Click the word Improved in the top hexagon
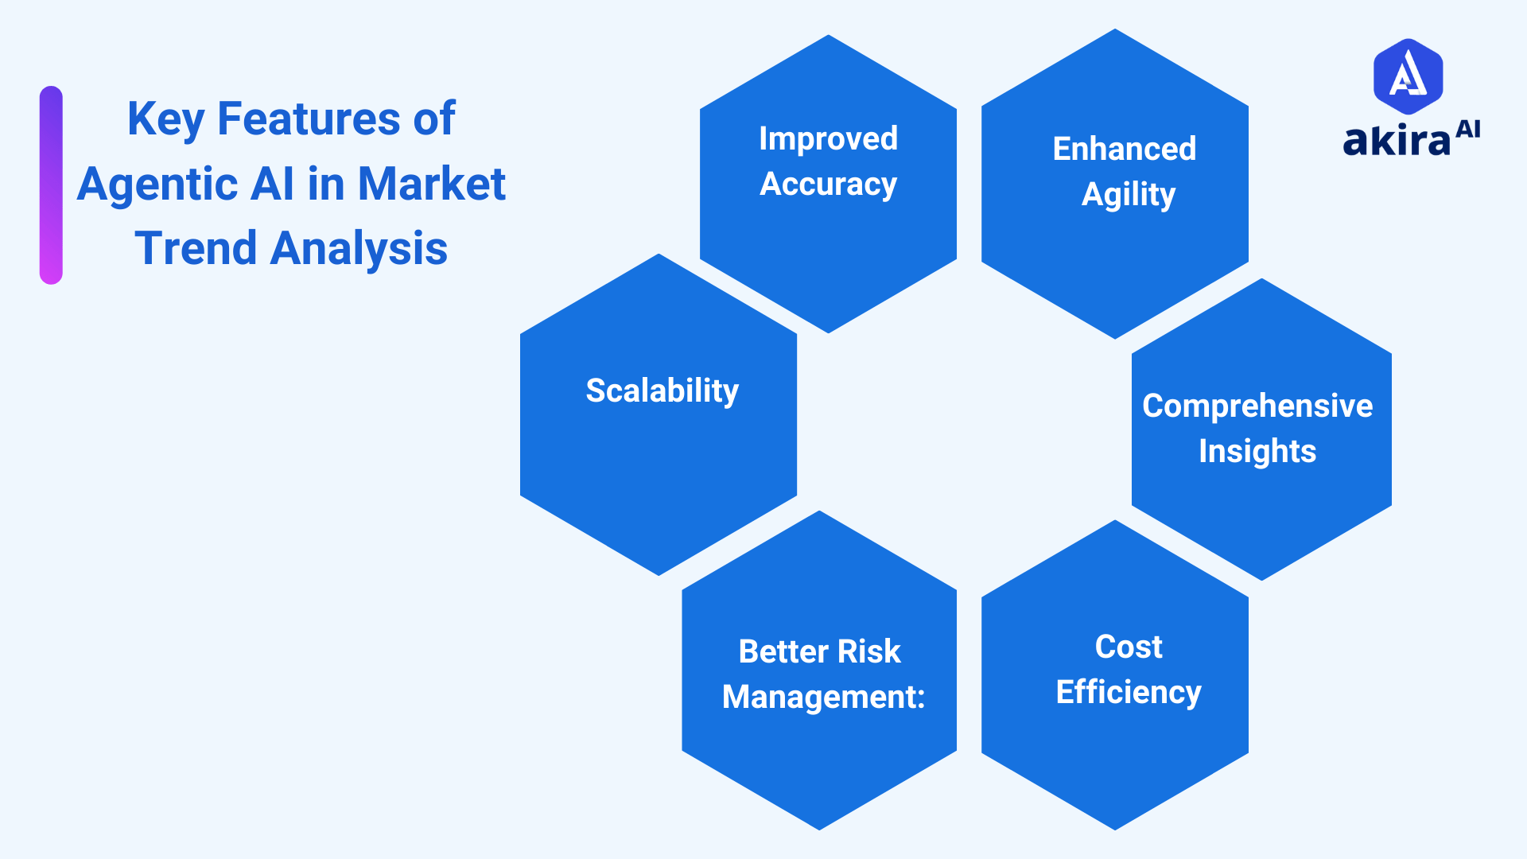[828, 139]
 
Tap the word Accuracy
[828, 185]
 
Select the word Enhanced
[1124, 149]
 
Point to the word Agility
[1128, 195]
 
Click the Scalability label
[662, 391]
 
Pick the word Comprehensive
[1257, 406]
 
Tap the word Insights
[1257, 452]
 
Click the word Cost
[1128, 647]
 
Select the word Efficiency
[1128, 693]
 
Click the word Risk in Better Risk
[868, 651]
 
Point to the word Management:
[823, 698]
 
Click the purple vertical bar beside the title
[51, 185]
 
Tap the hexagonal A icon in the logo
[1408, 76]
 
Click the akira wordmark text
[1396, 141]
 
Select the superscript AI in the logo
[1467, 129]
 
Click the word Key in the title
[165, 120]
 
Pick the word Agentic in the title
[157, 185]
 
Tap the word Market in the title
[431, 185]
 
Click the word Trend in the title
[196, 248]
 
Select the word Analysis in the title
[359, 248]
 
